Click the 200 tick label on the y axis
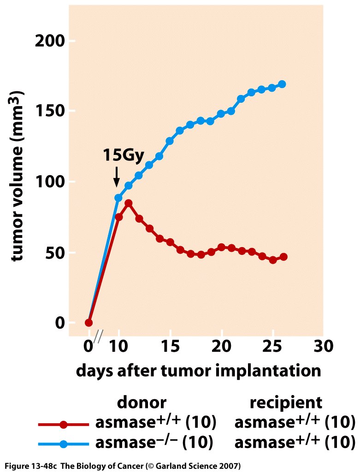click(x=48, y=41)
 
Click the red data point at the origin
click(x=89, y=323)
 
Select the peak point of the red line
click(x=129, y=203)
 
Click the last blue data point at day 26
click(x=282, y=84)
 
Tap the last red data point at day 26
click(x=283, y=257)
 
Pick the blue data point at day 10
click(x=118, y=198)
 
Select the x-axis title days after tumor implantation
click(x=198, y=370)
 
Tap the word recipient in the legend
click(x=286, y=402)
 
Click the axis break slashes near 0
click(x=98, y=337)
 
